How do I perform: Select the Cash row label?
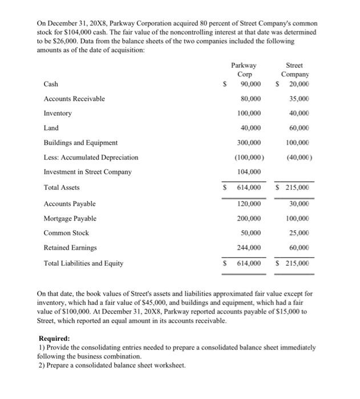pyautogui.click(x=50, y=84)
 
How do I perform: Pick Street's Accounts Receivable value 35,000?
pyautogui.click(x=299, y=99)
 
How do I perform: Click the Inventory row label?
pyautogui.click(x=58, y=113)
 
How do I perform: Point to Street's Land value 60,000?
pyautogui.click(x=299, y=128)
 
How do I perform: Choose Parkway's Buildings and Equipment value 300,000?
pyautogui.click(x=249, y=142)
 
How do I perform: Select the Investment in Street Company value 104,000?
pyautogui.click(x=249, y=172)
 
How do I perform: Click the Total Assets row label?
pyautogui.click(x=62, y=188)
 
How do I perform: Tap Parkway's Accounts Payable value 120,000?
pyautogui.click(x=249, y=203)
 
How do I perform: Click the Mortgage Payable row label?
pyautogui.click(x=70, y=218)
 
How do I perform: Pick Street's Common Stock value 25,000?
pyautogui.click(x=299, y=233)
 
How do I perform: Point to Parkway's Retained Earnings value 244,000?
pyautogui.click(x=249, y=248)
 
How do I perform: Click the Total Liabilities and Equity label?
pyautogui.click(x=83, y=263)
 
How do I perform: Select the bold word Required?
pyautogui.click(x=54, y=338)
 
